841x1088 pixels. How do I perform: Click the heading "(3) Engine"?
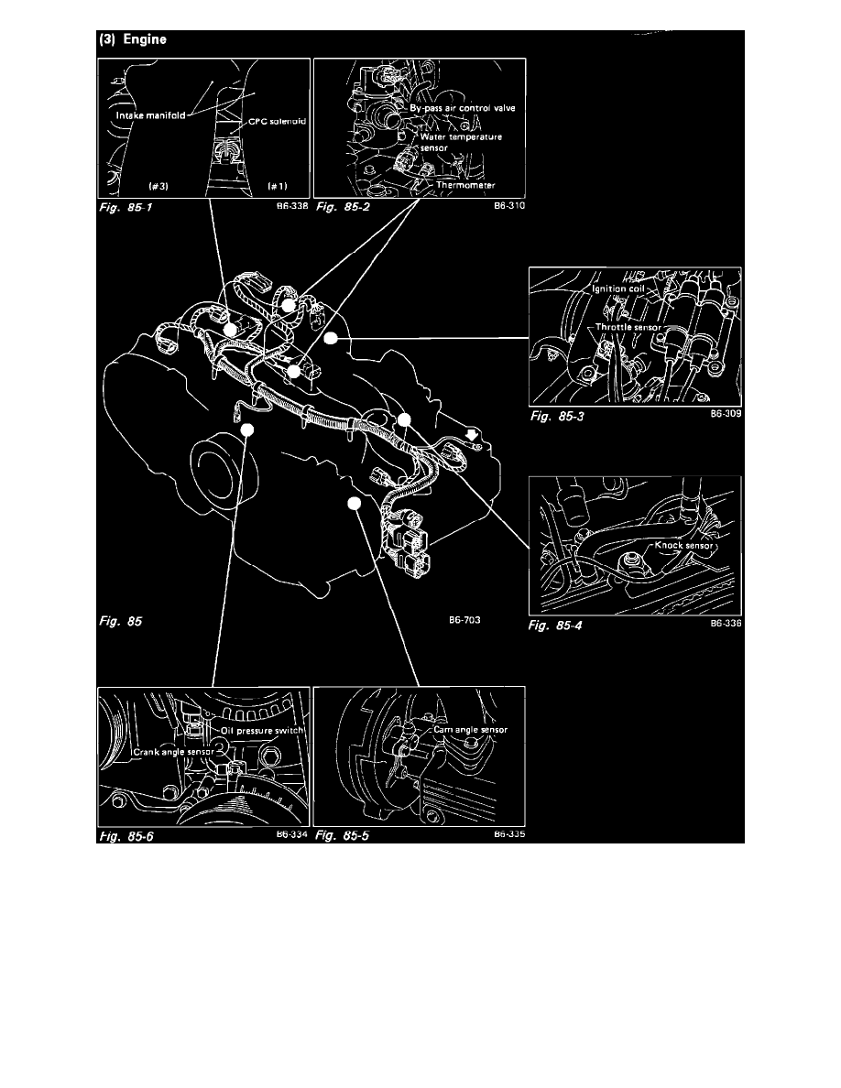click(133, 40)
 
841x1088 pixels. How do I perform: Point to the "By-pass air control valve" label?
click(463, 108)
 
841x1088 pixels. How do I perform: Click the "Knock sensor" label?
click(688, 545)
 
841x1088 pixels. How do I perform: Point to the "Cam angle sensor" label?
click(470, 730)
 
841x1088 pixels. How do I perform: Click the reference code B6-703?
click(464, 620)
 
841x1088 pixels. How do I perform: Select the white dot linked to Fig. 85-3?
click(332, 338)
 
